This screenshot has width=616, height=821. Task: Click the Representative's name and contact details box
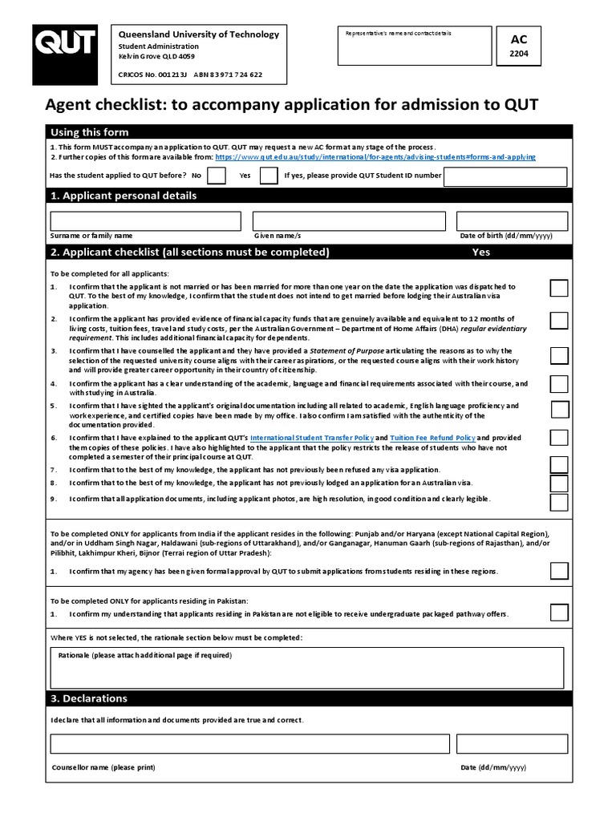tap(415, 47)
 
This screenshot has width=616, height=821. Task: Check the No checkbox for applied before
tap(217, 176)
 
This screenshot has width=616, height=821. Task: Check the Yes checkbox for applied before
tap(269, 176)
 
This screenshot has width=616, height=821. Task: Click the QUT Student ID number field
tap(505, 176)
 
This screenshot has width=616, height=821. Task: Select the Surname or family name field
tap(145, 220)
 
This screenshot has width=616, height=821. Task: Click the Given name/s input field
tap(347, 220)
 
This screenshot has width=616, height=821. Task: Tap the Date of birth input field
tap(512, 220)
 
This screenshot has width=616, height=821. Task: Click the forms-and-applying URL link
tap(375, 158)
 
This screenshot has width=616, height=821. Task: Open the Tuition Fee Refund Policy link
tap(432, 438)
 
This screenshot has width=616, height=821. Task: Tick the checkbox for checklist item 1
tap(559, 289)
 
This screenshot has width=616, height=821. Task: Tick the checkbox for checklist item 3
tap(559, 355)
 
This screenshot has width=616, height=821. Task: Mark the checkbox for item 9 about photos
tap(559, 502)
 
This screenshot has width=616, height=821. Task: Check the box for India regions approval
tap(559, 571)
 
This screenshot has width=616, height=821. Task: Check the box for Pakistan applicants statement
tap(559, 613)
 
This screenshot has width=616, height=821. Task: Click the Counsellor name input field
tap(249, 744)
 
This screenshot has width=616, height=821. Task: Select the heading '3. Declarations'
tap(89, 698)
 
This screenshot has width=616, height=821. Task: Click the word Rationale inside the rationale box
tap(75, 655)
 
